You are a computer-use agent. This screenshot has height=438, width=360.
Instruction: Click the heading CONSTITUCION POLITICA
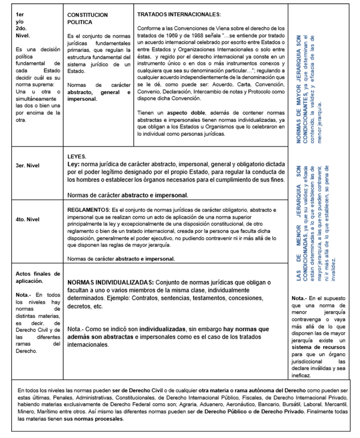click(84, 17)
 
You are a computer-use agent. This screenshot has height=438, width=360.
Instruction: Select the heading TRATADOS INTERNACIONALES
click(179, 13)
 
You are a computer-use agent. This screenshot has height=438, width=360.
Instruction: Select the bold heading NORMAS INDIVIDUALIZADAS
click(110, 281)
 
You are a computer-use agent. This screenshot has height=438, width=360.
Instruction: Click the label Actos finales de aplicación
click(37, 277)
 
